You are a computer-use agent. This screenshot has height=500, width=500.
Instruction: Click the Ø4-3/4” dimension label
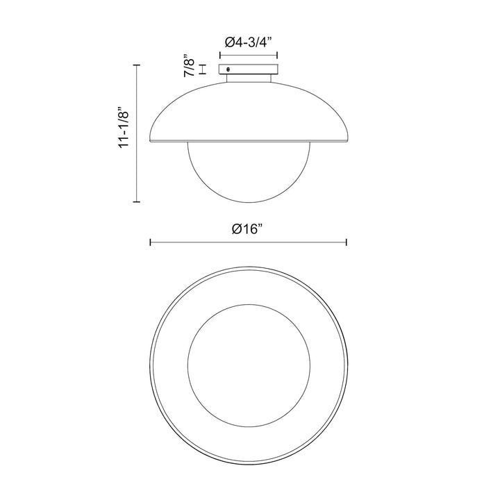pos(248,42)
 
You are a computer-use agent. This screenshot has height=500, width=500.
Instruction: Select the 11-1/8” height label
pos(124,126)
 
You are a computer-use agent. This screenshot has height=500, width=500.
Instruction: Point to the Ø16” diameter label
pos(248,228)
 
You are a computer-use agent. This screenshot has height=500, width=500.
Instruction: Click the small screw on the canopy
pos(228,69)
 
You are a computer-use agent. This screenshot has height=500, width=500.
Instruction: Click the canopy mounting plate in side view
pos(248,69)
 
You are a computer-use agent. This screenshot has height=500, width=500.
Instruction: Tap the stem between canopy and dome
pos(249,78)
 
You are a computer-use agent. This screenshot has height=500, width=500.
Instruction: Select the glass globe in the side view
pos(249,172)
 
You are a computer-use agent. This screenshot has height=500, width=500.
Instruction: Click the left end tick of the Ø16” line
pos(150,242)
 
